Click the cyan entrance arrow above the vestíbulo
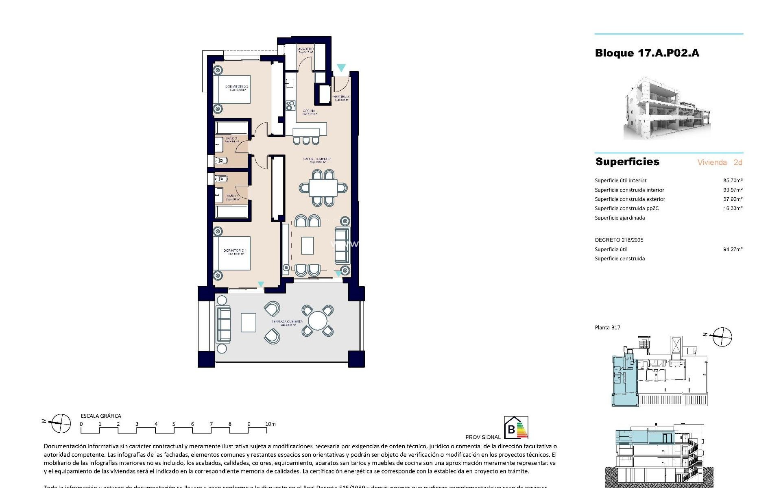[341, 68]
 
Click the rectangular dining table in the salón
[323, 188]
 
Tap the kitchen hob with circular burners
[290, 106]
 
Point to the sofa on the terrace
[223, 324]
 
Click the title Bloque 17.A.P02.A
[647, 53]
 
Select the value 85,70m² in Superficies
[733, 180]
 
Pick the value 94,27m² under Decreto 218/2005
[733, 249]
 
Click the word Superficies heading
[627, 161]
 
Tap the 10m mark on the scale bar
[270, 424]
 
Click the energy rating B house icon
[516, 428]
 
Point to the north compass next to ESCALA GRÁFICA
[59, 423]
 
